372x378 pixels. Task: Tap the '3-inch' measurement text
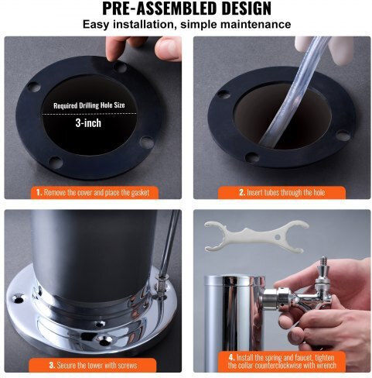(x=88, y=123)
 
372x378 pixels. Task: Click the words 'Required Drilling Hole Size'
(x=89, y=105)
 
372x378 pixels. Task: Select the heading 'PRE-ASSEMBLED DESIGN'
(x=186, y=9)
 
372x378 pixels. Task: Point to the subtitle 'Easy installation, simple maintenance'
(x=186, y=25)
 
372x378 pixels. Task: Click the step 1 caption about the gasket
(x=93, y=193)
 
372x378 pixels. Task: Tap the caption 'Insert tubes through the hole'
(x=282, y=193)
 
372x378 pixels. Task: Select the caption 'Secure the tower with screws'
(x=93, y=365)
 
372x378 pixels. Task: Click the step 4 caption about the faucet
(x=282, y=361)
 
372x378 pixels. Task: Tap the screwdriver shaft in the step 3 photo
(x=169, y=242)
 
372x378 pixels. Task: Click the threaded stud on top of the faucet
(x=323, y=263)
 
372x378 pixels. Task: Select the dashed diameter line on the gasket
(x=89, y=113)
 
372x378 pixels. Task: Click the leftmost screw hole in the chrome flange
(x=18, y=299)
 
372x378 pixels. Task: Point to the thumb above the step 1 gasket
(x=168, y=49)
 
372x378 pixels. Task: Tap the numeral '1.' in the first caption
(x=39, y=193)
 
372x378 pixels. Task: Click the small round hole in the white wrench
(x=278, y=237)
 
